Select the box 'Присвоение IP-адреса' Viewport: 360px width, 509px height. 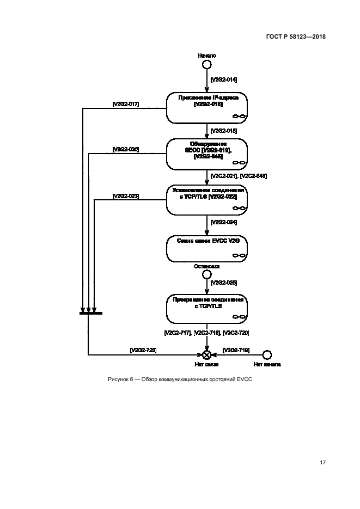(207, 108)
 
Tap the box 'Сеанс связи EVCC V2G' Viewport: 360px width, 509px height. (207, 248)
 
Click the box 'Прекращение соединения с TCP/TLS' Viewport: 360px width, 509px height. (207, 309)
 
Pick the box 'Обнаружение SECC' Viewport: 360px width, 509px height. (207, 154)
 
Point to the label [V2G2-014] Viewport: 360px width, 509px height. (223, 79)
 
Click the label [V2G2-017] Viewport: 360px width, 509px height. (126, 103)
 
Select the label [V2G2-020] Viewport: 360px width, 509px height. (126, 149)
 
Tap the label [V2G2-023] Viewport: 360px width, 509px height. (126, 195)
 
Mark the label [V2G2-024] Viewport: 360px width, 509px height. (223, 222)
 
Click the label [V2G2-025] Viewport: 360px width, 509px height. (223, 283)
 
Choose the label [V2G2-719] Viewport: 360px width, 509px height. (236, 349)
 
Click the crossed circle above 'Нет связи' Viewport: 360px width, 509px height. (207, 354)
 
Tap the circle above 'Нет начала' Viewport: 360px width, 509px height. (267, 354)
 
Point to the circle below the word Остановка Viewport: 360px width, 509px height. (207, 275)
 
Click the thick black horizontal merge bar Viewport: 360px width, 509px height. (90, 313)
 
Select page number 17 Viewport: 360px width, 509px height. (322, 463)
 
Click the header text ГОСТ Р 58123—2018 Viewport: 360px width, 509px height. (296, 37)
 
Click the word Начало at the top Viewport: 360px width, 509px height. (207, 56)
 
